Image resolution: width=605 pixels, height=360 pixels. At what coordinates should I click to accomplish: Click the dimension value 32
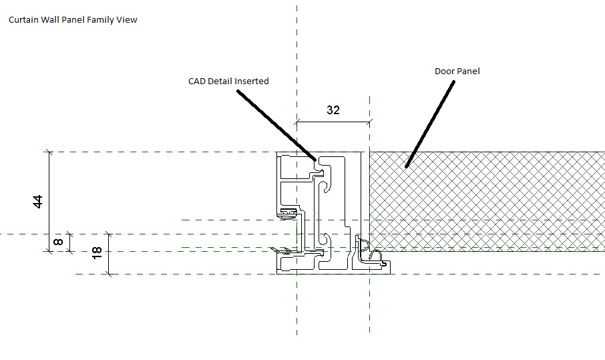[333, 110]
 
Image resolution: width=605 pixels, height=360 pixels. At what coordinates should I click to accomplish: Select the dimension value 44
[38, 201]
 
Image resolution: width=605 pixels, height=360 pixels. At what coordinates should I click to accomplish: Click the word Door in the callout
[445, 71]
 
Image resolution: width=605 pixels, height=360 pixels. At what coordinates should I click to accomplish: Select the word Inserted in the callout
[250, 81]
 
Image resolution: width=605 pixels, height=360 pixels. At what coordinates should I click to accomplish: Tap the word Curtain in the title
[23, 20]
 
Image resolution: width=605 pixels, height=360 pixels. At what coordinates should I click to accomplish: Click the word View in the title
[128, 20]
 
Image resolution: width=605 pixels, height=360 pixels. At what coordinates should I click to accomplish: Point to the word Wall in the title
[52, 20]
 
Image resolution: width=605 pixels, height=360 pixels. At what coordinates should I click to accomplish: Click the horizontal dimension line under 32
[333, 122]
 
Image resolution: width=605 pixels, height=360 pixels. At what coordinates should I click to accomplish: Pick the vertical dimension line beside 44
[49, 200]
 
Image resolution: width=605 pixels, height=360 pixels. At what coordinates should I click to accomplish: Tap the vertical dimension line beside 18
[109, 254]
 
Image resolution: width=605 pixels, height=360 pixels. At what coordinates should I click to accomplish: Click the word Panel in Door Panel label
[469, 71]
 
